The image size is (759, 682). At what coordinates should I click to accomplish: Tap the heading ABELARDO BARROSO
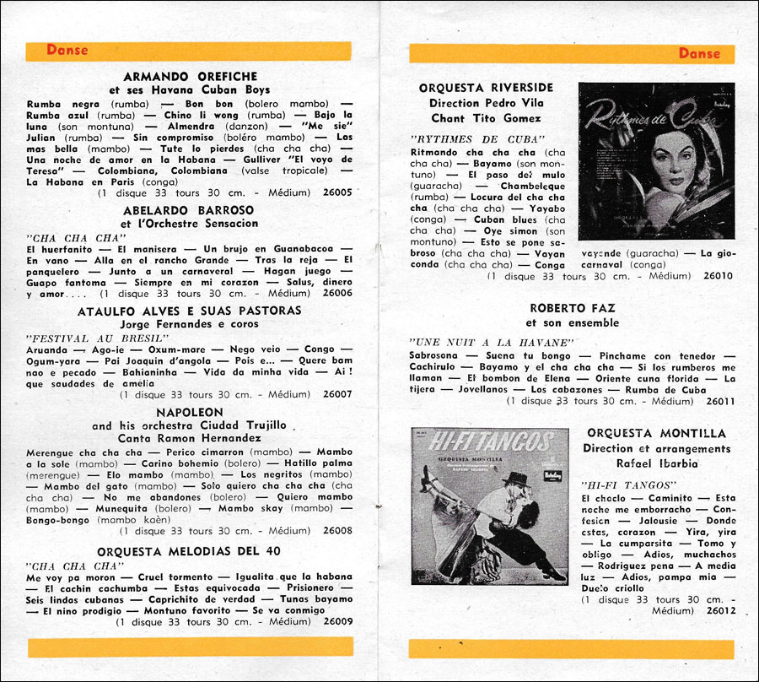point(189,210)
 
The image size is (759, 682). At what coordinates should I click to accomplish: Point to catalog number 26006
point(337,294)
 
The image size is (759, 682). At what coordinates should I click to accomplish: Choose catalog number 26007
point(337,394)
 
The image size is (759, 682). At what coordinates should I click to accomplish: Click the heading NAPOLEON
point(189,412)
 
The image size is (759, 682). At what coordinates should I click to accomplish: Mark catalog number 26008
point(337,531)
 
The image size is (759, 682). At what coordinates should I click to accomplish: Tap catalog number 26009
point(337,621)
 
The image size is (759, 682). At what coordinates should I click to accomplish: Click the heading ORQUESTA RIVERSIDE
point(486,88)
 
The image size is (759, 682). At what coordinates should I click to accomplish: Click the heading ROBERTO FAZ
point(573,309)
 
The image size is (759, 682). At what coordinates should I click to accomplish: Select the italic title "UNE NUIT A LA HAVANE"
point(492,342)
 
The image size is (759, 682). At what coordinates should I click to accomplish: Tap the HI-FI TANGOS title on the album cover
point(489,440)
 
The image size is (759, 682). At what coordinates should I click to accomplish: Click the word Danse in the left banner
point(67,50)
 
